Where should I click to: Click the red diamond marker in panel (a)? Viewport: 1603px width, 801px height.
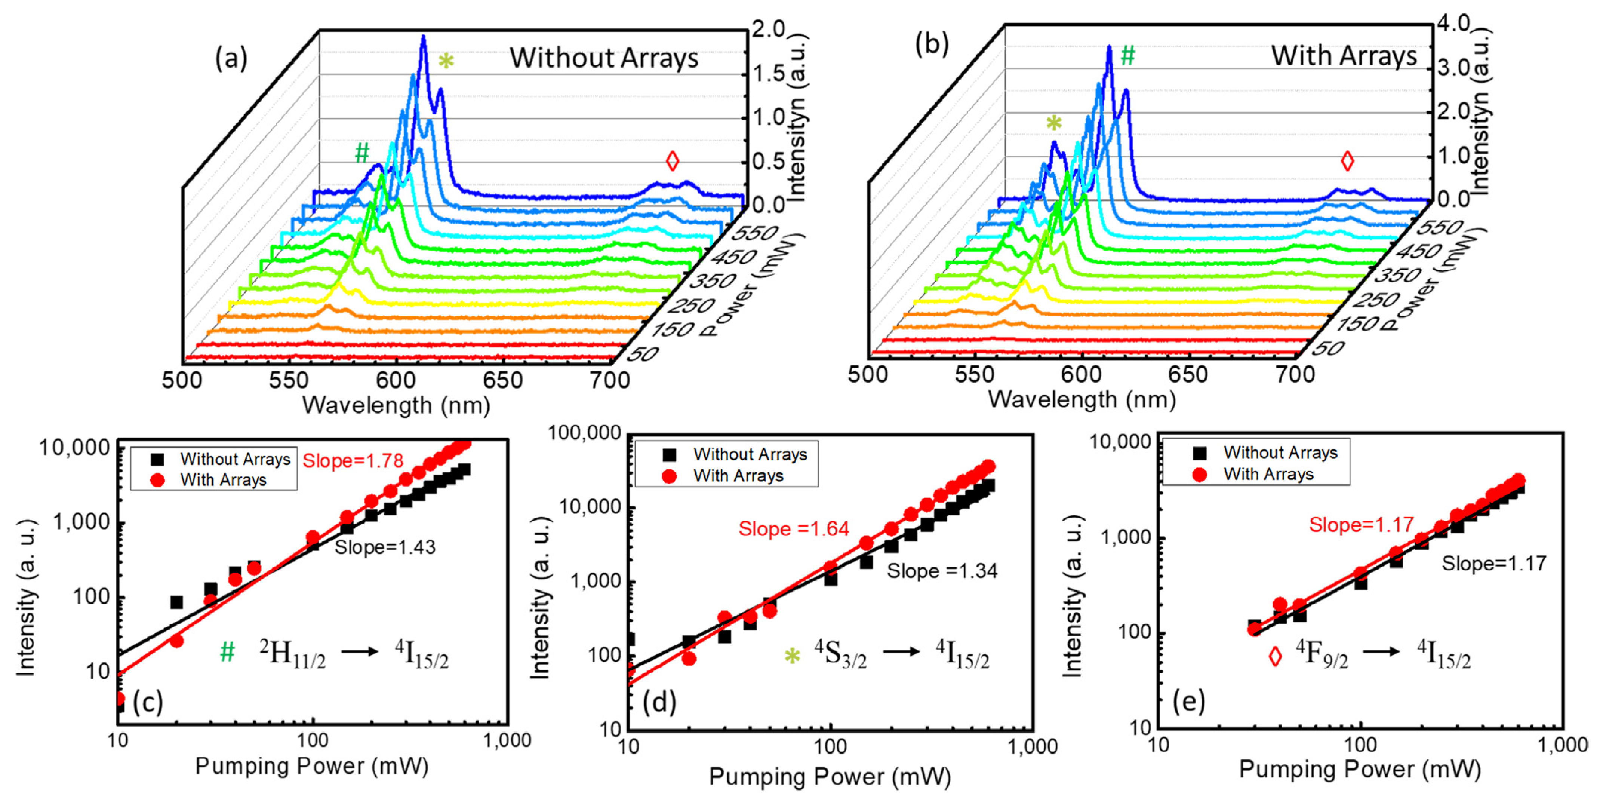pyautogui.click(x=672, y=161)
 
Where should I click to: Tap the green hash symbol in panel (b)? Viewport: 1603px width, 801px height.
pyautogui.click(x=1127, y=56)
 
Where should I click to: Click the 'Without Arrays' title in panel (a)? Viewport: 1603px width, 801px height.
pyautogui.click(x=604, y=58)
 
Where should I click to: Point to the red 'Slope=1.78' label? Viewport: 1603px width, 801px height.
pyautogui.click(x=353, y=461)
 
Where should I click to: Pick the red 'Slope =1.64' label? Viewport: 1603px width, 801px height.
pyautogui.click(x=793, y=529)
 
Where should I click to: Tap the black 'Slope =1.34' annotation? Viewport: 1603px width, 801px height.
pyautogui.click(x=942, y=571)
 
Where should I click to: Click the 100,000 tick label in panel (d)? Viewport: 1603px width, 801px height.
pyautogui.click(x=584, y=433)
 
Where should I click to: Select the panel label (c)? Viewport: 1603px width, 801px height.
pyautogui.click(x=148, y=702)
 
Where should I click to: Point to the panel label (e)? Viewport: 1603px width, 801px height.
pyautogui.click(x=1188, y=702)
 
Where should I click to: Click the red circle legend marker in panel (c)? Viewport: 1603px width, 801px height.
pyautogui.click(x=157, y=480)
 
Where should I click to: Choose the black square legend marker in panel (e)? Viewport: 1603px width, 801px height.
pyautogui.click(x=1199, y=453)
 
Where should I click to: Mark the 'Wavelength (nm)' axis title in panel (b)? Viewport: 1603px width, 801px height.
pyautogui.click(x=1082, y=399)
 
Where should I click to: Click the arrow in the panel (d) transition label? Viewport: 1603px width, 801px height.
pyautogui.click(x=901, y=652)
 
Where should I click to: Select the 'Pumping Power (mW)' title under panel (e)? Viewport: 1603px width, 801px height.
pyautogui.click(x=1360, y=769)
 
